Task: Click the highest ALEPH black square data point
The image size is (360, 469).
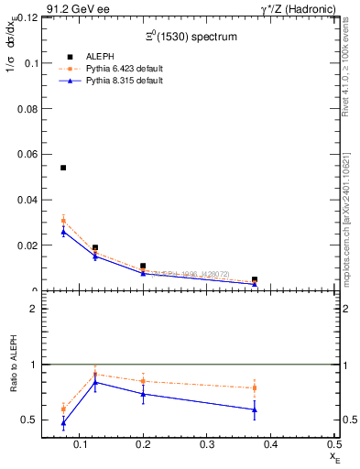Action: (x=63, y=168)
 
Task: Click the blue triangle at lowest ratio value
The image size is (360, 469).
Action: (x=63, y=423)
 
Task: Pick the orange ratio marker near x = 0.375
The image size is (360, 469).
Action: (x=255, y=387)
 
